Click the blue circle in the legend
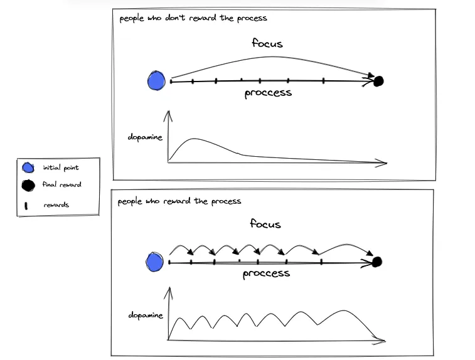(x=28, y=168)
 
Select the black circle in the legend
(x=28, y=185)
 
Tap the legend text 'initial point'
(x=61, y=168)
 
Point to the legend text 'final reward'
(x=61, y=185)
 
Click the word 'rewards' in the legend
(x=56, y=205)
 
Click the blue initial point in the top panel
(x=156, y=81)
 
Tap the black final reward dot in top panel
(x=378, y=80)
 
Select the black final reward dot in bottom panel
(x=376, y=262)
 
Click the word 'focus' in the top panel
(x=267, y=43)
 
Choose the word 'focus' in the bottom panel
(x=265, y=224)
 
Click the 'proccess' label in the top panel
(x=268, y=93)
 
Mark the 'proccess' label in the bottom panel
(x=266, y=273)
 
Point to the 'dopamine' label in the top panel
(x=145, y=137)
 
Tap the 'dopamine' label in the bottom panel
(x=146, y=315)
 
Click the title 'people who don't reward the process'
(x=193, y=18)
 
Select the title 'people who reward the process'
(x=179, y=201)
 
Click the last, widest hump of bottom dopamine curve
(x=344, y=311)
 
